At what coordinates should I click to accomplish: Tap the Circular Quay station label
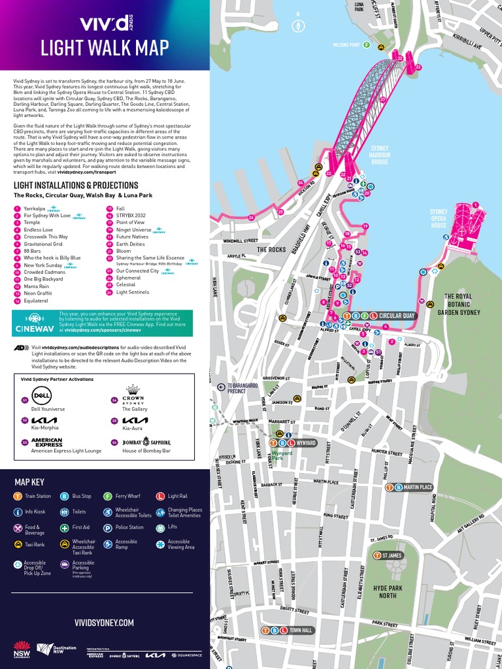[397, 316]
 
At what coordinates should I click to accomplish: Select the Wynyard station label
[306, 443]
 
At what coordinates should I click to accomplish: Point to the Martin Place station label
[418, 487]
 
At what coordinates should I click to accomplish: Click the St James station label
[392, 555]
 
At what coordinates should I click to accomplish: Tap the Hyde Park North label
[388, 592]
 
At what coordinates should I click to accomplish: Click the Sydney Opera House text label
[439, 218]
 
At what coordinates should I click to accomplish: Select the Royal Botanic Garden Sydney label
[462, 304]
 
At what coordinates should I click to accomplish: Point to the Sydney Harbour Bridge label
[380, 155]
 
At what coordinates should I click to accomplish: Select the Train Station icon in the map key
[18, 497]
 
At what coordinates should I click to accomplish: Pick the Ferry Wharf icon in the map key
[108, 497]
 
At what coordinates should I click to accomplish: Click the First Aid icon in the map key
[65, 527]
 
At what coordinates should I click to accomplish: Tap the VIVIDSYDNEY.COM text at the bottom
[105, 623]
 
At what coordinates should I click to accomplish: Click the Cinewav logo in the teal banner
[34, 323]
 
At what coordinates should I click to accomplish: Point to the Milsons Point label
[346, 45]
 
